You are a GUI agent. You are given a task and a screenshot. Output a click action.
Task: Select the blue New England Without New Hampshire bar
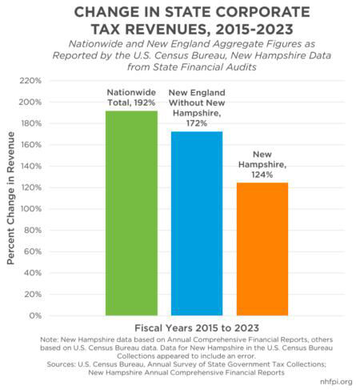[196, 223]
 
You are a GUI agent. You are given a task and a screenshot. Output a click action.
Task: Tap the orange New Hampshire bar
[262, 249]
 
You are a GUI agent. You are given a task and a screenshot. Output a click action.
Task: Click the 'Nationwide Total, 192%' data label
[132, 98]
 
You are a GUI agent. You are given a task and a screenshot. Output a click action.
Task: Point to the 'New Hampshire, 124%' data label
[262, 163]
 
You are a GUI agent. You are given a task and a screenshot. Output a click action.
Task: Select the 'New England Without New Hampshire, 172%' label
[196, 112]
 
